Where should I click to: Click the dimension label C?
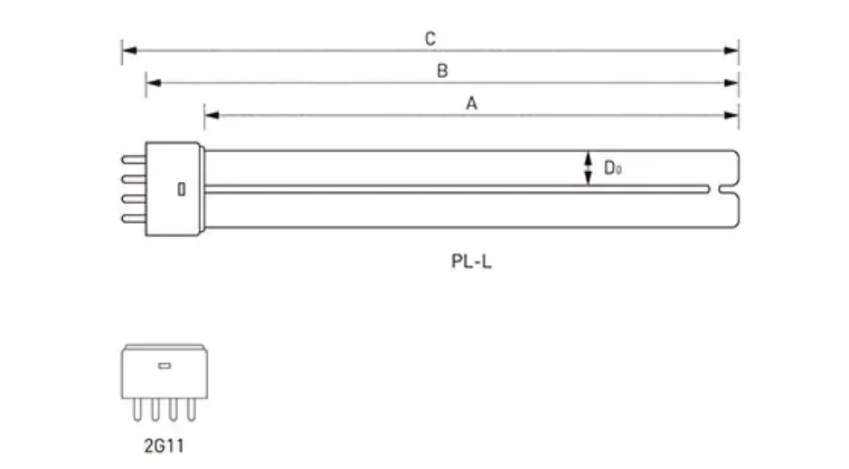click(430, 38)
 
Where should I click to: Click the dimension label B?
click(442, 71)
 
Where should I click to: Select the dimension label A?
click(471, 103)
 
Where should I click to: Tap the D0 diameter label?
click(612, 167)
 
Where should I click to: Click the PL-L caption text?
click(471, 263)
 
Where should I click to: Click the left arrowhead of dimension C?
click(128, 50)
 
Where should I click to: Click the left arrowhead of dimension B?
click(153, 82)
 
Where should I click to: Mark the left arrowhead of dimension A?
click(211, 115)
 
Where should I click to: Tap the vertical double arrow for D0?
click(589, 167)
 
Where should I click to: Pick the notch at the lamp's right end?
click(728, 188)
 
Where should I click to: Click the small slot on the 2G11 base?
click(165, 366)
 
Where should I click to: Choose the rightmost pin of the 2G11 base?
click(191, 409)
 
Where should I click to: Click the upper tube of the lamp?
click(452, 167)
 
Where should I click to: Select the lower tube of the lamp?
click(452, 209)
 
